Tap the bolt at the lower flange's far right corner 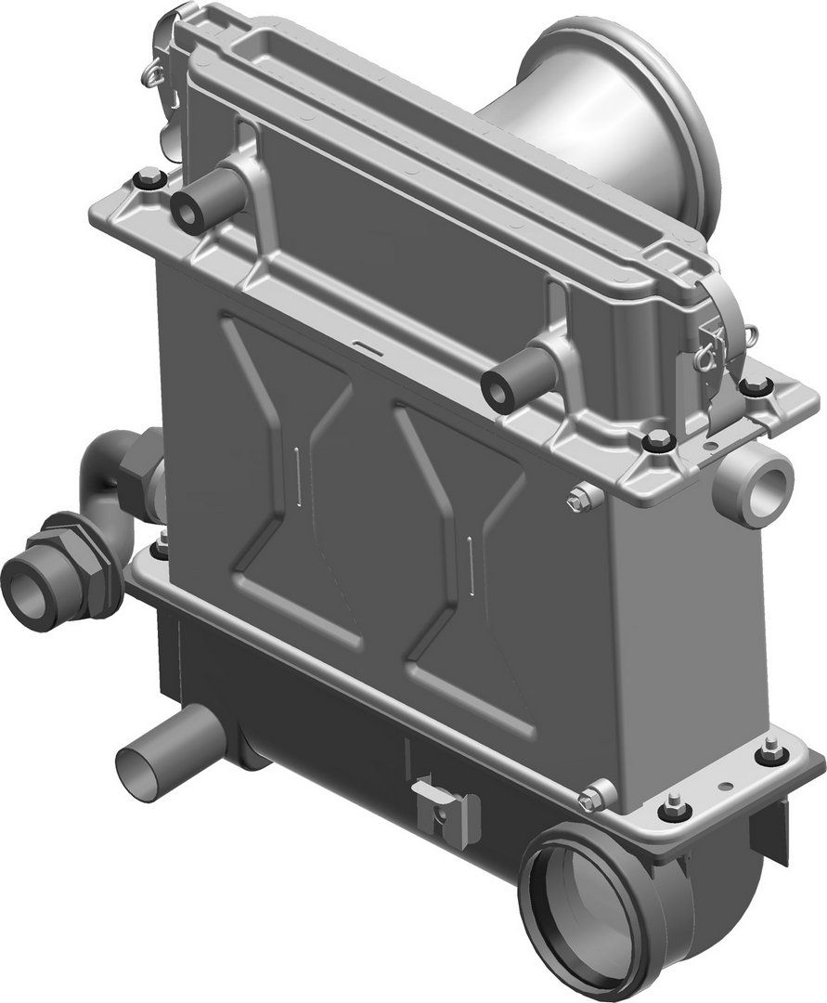pyautogui.click(x=770, y=752)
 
